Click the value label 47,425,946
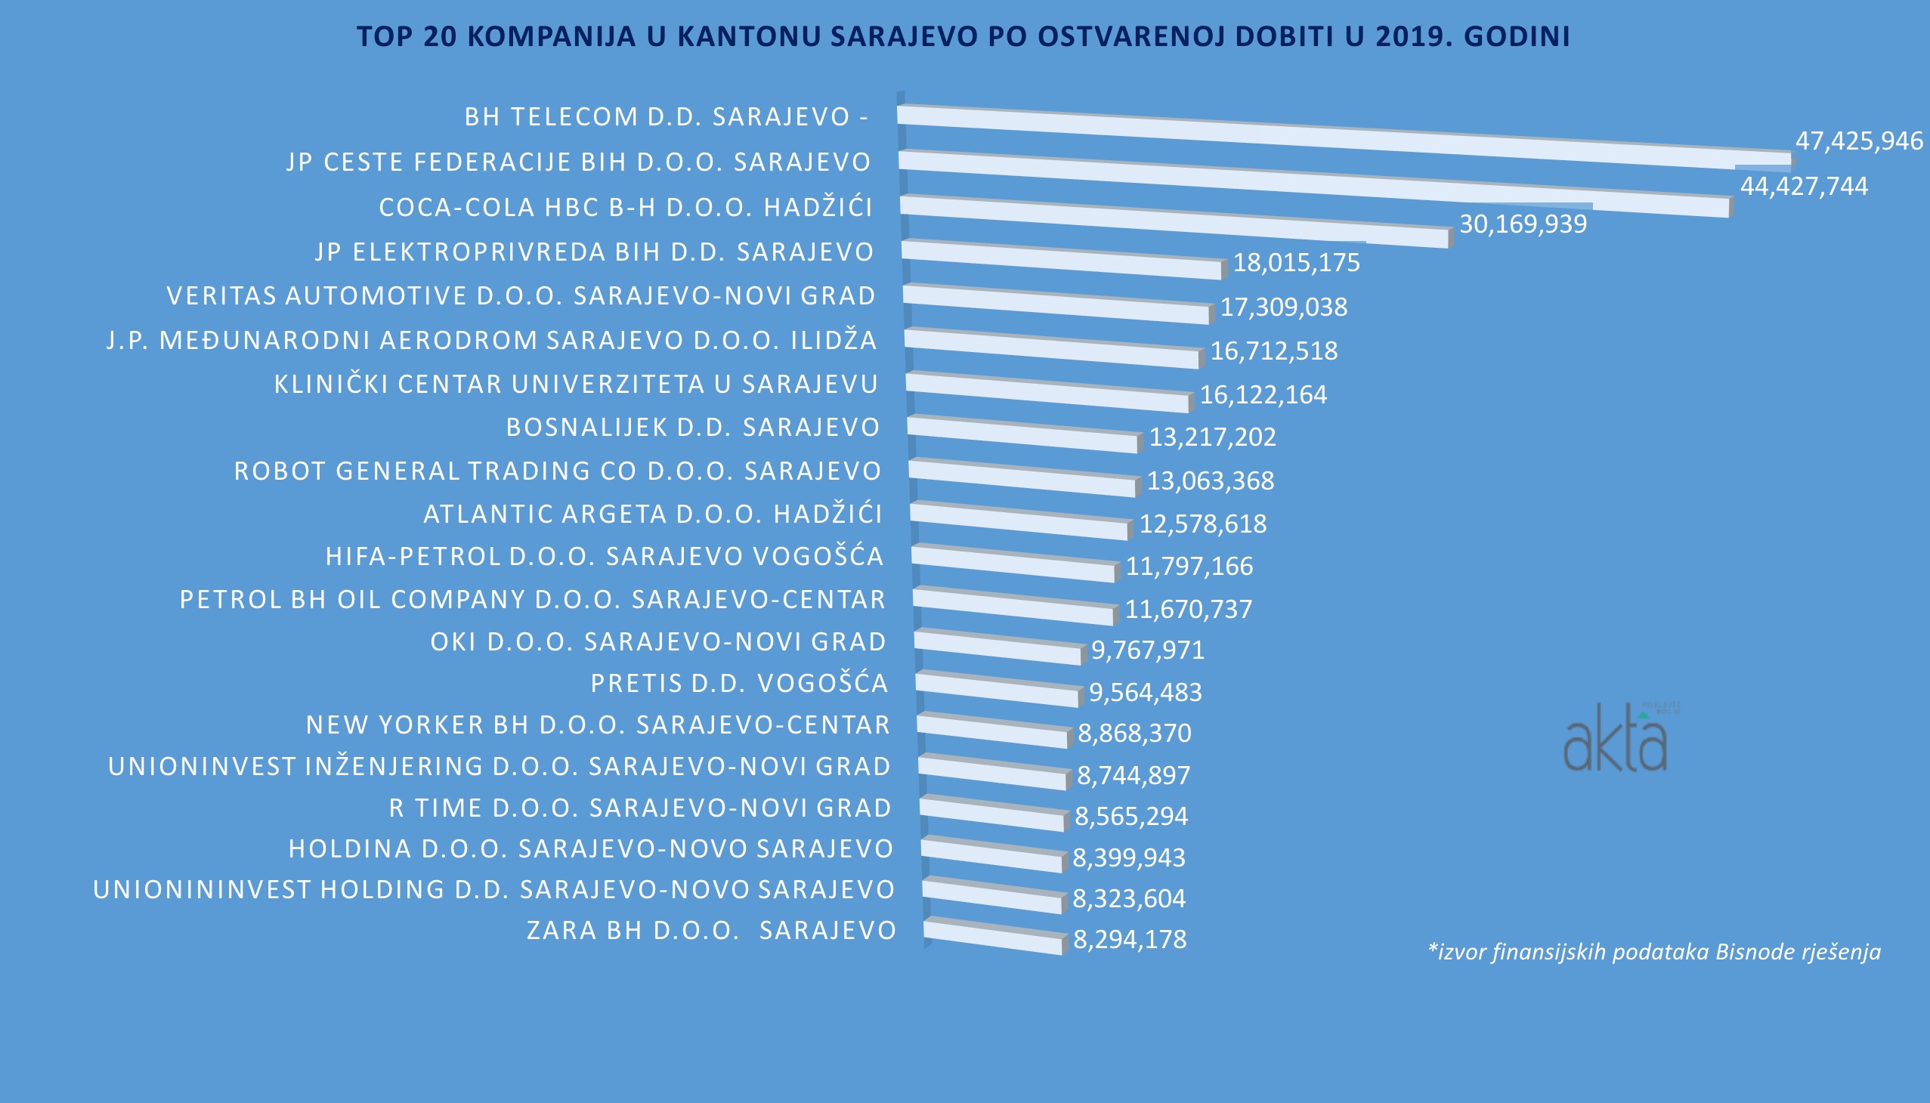click(1859, 141)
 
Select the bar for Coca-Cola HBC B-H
click(1174, 221)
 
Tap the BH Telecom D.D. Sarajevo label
click(665, 116)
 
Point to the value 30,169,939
click(1523, 224)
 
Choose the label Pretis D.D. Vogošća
click(739, 683)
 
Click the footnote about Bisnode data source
click(1653, 951)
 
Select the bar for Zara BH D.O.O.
click(993, 938)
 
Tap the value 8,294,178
click(1130, 940)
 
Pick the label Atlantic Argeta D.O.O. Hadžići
click(652, 514)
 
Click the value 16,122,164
click(1263, 395)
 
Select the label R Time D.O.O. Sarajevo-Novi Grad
click(640, 808)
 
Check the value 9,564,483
click(1145, 693)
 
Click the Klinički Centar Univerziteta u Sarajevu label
click(576, 385)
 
